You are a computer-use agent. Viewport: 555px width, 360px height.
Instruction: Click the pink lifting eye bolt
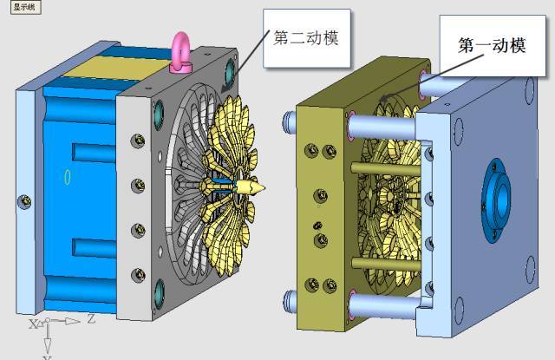click(x=181, y=53)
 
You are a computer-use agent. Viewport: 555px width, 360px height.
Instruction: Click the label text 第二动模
click(x=306, y=37)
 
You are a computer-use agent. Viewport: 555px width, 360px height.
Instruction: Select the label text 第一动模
click(x=492, y=45)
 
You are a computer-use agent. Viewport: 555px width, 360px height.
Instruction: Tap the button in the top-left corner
click(x=26, y=7)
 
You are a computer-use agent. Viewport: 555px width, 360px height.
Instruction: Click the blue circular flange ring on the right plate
click(x=495, y=200)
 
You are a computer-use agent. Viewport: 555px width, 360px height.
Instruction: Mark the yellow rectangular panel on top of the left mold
click(x=117, y=68)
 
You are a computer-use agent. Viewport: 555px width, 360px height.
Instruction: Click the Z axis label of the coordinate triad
click(x=91, y=319)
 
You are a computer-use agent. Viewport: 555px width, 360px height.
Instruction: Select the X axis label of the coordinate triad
click(x=33, y=324)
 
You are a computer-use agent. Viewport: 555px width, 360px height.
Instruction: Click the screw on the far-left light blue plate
click(x=24, y=202)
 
